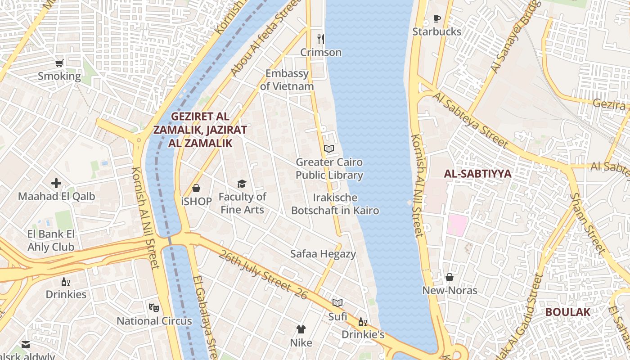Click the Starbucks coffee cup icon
click(x=436, y=18)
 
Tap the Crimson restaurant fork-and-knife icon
click(x=321, y=39)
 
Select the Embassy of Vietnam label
click(x=287, y=80)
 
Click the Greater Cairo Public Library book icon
click(x=329, y=148)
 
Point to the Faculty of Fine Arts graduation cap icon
click(x=242, y=184)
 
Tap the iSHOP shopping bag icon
click(x=196, y=188)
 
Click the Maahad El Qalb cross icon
click(x=56, y=183)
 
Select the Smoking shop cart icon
click(x=59, y=63)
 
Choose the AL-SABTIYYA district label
click(x=477, y=174)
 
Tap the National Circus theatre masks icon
click(x=154, y=308)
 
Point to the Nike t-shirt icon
click(x=301, y=329)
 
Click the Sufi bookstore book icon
click(x=337, y=303)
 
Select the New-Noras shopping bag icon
click(x=449, y=277)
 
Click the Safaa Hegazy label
click(x=323, y=254)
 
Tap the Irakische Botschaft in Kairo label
click(x=335, y=204)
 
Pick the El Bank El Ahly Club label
click(x=51, y=240)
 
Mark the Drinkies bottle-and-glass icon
click(x=66, y=282)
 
